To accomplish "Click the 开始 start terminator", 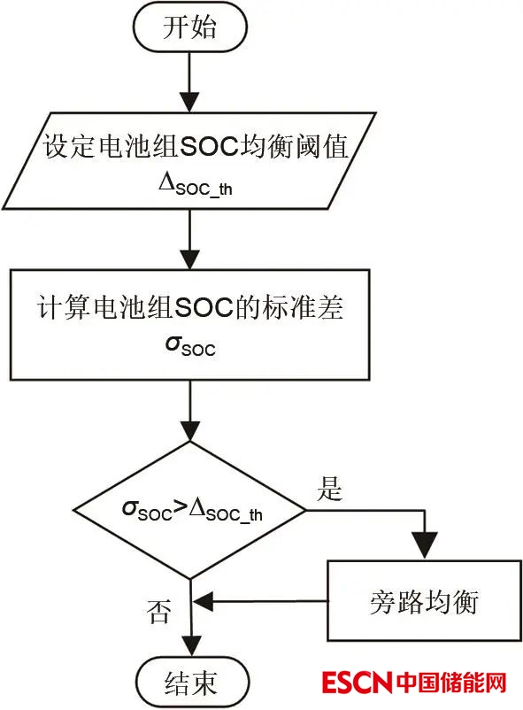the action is click(x=189, y=27).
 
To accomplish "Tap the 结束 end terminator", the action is click(x=192, y=683).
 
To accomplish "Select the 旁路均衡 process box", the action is click(x=424, y=600).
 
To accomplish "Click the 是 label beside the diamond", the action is click(x=329, y=489).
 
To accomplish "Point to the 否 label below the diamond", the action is click(x=159, y=611).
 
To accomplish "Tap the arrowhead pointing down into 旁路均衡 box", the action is click(x=425, y=545).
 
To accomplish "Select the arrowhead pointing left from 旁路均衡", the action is click(x=204, y=601).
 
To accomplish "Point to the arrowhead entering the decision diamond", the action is click(x=190, y=431).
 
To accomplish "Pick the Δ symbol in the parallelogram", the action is click(x=166, y=182).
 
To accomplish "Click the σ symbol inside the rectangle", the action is click(x=173, y=343).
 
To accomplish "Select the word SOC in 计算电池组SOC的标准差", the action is click(x=204, y=308).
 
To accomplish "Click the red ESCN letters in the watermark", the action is click(x=357, y=683).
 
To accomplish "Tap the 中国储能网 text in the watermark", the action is click(x=451, y=683).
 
